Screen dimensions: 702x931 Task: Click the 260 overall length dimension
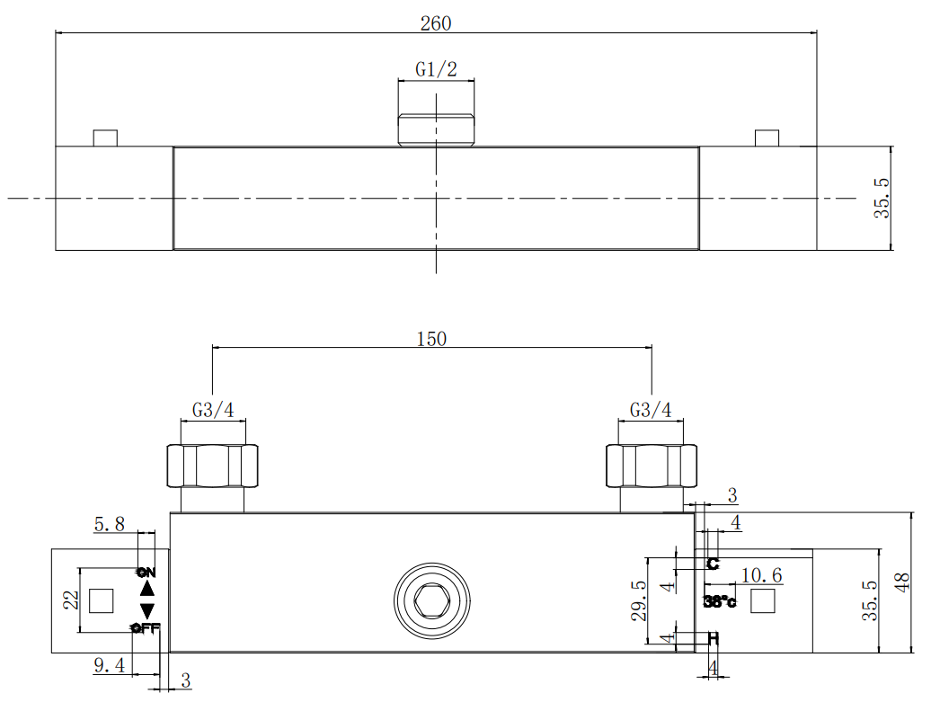click(436, 23)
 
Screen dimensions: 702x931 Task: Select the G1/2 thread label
click(436, 69)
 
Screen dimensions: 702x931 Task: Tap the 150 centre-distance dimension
click(431, 339)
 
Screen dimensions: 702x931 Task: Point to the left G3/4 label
click(213, 410)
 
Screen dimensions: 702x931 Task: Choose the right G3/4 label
click(651, 410)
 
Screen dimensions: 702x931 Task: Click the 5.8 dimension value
click(110, 524)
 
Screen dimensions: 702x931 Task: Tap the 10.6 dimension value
click(760, 575)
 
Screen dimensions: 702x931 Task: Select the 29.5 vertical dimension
click(639, 600)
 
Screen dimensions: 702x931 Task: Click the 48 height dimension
click(902, 582)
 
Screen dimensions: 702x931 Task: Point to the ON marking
click(146, 572)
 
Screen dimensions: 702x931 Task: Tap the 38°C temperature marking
click(720, 601)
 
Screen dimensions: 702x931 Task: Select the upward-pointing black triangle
click(147, 589)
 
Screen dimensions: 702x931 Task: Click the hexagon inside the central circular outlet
click(432, 600)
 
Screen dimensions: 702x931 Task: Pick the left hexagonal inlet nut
click(212, 465)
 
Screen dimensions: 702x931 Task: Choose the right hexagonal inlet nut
click(651, 465)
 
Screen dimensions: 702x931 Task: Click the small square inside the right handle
click(762, 600)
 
